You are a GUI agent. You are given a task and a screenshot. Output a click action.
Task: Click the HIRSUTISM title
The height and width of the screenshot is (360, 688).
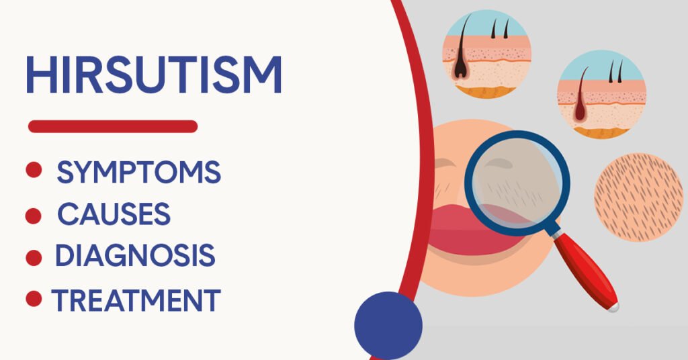(154, 75)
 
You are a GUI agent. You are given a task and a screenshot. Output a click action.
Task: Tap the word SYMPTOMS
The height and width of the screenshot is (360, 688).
(138, 172)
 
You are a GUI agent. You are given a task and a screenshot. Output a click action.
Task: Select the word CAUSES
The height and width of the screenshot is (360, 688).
(114, 214)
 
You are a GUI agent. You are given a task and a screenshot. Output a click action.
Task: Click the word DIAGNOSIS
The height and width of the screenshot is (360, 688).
(135, 255)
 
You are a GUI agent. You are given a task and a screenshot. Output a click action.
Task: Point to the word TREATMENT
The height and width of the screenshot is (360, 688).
(136, 300)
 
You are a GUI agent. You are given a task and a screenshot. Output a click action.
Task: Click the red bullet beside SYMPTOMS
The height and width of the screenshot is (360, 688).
(34, 170)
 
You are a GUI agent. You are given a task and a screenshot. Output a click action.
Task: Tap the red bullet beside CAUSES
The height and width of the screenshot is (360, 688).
(34, 216)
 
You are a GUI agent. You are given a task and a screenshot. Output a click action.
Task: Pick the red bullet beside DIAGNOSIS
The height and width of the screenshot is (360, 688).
(34, 258)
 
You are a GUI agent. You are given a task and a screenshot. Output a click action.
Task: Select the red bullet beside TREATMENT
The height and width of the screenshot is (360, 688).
(34, 299)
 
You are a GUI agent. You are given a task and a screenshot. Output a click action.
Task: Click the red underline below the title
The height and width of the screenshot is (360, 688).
(113, 126)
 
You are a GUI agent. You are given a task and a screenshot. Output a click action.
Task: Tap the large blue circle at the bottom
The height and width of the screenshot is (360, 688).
(388, 326)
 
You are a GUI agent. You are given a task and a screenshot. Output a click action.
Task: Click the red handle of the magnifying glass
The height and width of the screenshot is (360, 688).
(586, 271)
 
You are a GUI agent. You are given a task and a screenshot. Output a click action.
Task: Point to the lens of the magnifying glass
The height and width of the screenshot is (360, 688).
(517, 183)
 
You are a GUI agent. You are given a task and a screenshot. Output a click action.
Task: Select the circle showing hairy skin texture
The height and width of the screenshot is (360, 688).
(638, 197)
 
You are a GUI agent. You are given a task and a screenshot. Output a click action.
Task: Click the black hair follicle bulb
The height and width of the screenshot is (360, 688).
(460, 69)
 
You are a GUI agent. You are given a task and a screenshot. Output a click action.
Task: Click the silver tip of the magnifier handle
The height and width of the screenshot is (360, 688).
(614, 306)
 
